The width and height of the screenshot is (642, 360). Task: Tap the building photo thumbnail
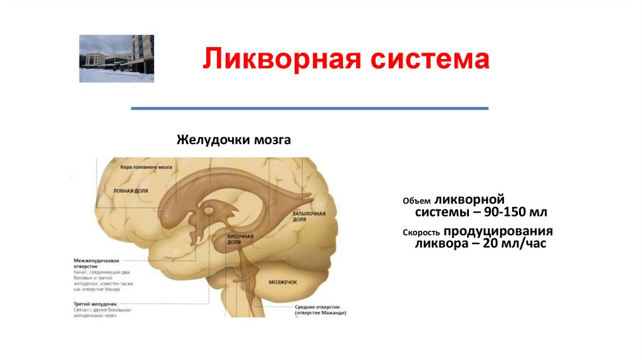117,59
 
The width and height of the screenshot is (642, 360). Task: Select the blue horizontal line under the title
310,109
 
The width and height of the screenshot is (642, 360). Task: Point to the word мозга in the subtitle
272,139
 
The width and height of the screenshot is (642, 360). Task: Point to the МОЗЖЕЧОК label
283,283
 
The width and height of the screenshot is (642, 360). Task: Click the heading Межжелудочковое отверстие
96,263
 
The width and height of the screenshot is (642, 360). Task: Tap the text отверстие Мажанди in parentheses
321,312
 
